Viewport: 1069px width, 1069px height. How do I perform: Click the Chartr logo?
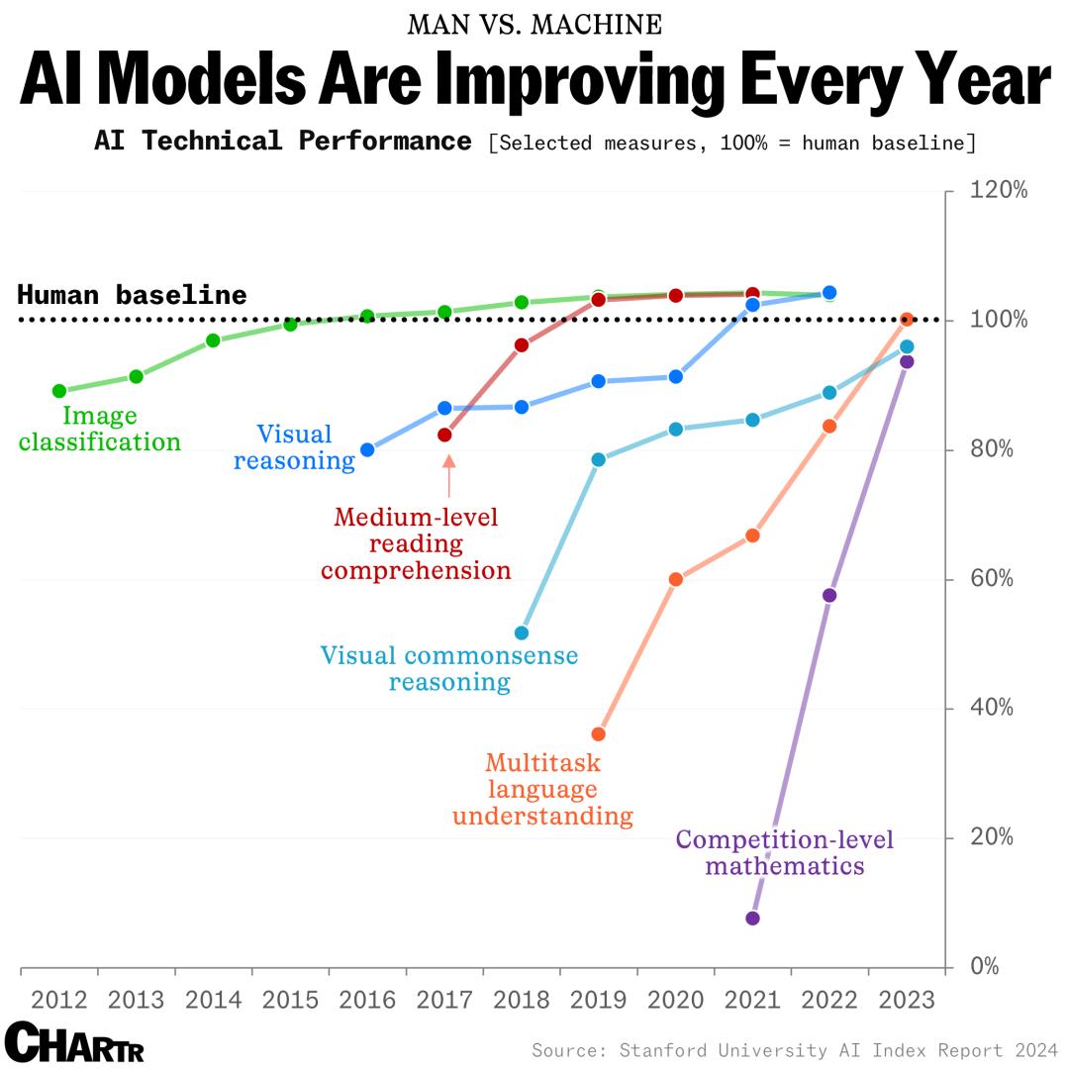[x=74, y=1041]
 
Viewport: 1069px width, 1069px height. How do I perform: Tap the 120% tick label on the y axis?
[x=999, y=190]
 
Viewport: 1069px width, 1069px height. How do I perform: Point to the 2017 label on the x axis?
[x=444, y=1000]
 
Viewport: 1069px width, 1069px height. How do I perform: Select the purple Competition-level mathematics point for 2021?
[x=752, y=919]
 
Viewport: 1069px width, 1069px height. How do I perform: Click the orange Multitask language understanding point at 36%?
[x=599, y=734]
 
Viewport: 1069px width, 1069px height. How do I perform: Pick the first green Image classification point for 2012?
[x=59, y=391]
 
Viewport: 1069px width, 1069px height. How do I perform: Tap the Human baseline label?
[x=132, y=295]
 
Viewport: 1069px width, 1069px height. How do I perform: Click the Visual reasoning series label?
[x=294, y=447]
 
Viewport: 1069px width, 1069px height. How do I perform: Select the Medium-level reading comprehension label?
[x=416, y=543]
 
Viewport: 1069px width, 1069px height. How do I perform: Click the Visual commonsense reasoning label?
[x=449, y=668]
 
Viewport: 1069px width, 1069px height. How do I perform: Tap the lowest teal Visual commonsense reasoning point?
[x=522, y=632]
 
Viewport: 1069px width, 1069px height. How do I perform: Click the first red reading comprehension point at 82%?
[x=444, y=435]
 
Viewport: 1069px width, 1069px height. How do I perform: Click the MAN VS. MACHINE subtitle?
[x=534, y=24]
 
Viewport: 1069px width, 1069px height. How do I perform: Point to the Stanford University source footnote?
[x=795, y=1049]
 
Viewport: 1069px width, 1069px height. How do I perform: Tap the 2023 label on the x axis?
[x=907, y=1000]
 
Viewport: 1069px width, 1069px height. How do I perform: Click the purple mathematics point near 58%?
[x=829, y=595]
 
